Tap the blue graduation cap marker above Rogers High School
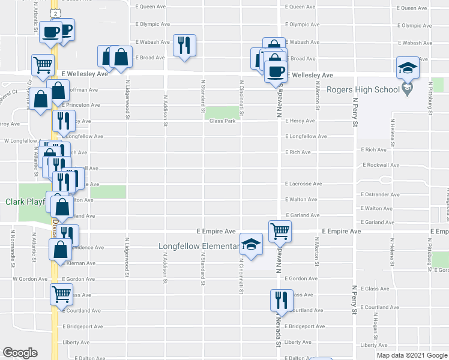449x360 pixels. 407,68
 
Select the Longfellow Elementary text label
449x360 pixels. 199,246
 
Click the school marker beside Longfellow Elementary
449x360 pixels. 252,244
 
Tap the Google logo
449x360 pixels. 20,352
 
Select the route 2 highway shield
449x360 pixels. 55,12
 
